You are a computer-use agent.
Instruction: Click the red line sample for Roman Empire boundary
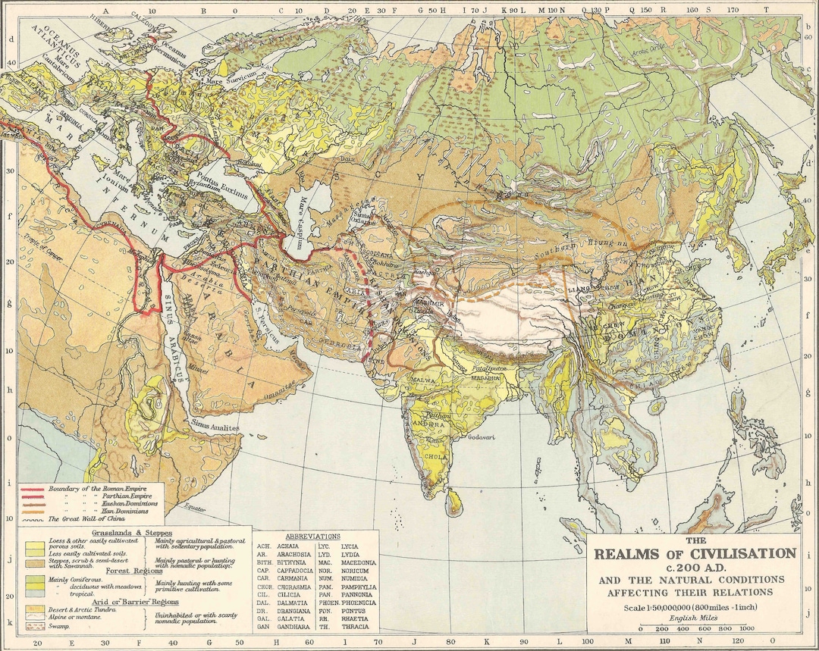pyautogui.click(x=33, y=490)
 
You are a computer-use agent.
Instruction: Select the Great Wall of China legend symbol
pyautogui.click(x=33, y=520)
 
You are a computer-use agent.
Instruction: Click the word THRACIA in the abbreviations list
pyautogui.click(x=356, y=627)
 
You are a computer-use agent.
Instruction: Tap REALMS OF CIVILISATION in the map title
pyautogui.click(x=695, y=554)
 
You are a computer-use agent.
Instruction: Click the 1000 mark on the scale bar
pyautogui.click(x=748, y=628)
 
